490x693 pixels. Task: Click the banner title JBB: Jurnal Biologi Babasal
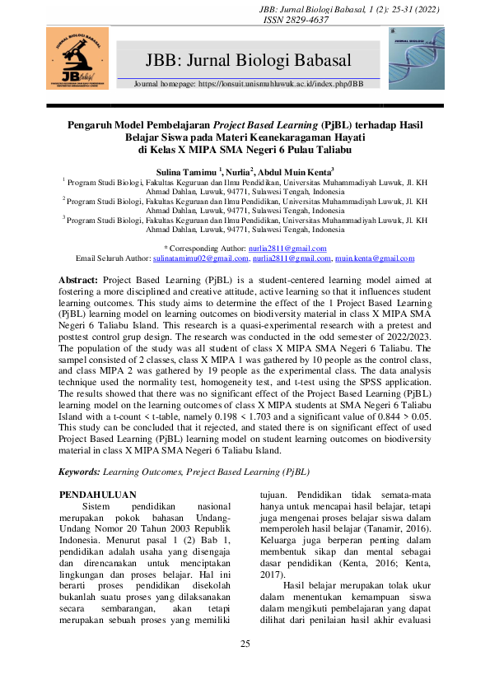(248, 59)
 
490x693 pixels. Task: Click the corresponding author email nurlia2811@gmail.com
(282, 247)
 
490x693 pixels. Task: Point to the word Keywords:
(79, 472)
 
